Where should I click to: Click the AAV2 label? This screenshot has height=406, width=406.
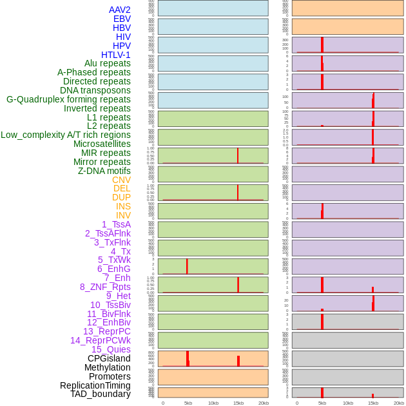(119, 10)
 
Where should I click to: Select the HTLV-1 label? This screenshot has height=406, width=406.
(115, 55)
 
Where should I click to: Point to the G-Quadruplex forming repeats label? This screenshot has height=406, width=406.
(68, 99)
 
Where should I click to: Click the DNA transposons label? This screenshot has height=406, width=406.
(95, 90)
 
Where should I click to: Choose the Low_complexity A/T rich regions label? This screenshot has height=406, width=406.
(66, 135)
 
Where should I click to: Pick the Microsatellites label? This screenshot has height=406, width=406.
(102, 144)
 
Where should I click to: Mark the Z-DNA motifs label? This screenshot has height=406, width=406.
(104, 171)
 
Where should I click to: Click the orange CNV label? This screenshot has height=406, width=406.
(121, 180)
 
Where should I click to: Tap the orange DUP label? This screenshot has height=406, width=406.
(121, 197)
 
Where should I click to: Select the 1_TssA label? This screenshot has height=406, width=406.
(116, 224)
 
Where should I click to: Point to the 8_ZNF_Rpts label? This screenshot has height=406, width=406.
(105, 287)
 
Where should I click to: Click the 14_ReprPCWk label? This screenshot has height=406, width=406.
(100, 340)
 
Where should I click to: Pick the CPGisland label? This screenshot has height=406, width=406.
(109, 358)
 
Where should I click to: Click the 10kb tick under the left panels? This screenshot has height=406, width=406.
(213, 403)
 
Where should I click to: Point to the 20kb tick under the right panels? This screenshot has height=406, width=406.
(398, 403)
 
